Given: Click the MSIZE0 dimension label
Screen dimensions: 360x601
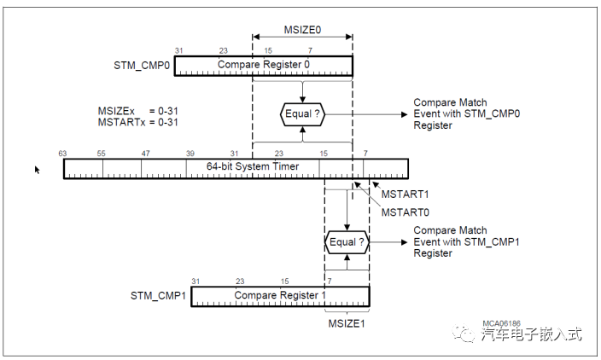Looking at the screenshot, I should (x=302, y=29).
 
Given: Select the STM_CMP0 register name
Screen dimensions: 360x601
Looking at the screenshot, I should (x=141, y=66).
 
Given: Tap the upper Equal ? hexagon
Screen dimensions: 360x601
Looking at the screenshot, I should (x=302, y=113).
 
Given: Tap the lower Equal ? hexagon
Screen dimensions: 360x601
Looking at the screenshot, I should (x=347, y=242).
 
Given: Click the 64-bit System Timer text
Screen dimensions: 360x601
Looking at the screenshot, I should (x=253, y=166).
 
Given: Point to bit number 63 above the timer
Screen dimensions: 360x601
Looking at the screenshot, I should (x=62, y=153).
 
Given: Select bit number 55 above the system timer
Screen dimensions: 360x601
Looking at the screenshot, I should (x=102, y=153).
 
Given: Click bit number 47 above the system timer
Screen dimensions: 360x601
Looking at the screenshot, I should (x=146, y=153).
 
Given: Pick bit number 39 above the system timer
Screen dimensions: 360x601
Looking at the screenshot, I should (x=190, y=153).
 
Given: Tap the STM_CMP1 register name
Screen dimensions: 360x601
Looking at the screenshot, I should (x=158, y=296).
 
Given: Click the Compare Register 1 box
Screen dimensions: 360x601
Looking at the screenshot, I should (x=279, y=295).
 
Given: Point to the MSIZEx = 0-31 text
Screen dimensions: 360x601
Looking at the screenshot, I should (x=139, y=111).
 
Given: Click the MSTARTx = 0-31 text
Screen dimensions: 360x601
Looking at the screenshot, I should (x=139, y=122).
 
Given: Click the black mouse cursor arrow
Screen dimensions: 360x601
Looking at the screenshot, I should (x=37, y=170).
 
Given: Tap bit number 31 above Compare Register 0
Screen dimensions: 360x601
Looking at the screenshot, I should (x=179, y=50).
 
